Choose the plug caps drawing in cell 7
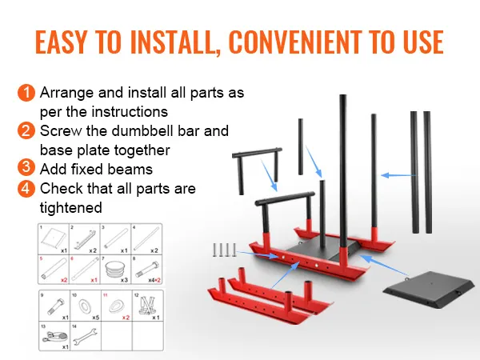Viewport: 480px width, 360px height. coord(117,266)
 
